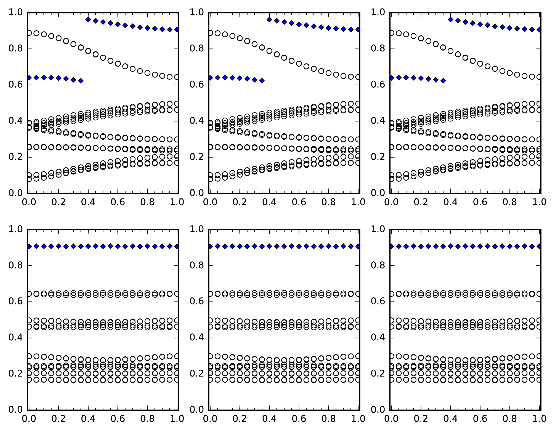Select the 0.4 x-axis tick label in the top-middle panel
pyautogui.click(x=269, y=202)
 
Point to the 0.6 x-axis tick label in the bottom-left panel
pyautogui.click(x=118, y=419)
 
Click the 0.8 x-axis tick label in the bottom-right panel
pyautogui.click(x=510, y=419)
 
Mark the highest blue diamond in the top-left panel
pyautogui.click(x=88, y=20)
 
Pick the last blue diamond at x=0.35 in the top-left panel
pyautogui.click(x=81, y=81)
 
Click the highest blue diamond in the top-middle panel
pyautogui.click(x=269, y=20)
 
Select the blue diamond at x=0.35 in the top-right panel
pyautogui.click(x=443, y=81)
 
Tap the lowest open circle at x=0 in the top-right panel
pyautogui.click(x=391, y=179)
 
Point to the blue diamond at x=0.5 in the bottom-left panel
pyautogui.click(x=103, y=246)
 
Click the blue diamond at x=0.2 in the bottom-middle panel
pyautogui.click(x=240, y=246)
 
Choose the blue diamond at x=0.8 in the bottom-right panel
pyautogui.click(x=510, y=246)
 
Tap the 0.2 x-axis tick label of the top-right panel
pyautogui.click(x=421, y=202)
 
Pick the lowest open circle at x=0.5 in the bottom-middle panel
pyautogui.click(x=284, y=380)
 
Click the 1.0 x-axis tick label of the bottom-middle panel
pyautogui.click(x=358, y=419)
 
